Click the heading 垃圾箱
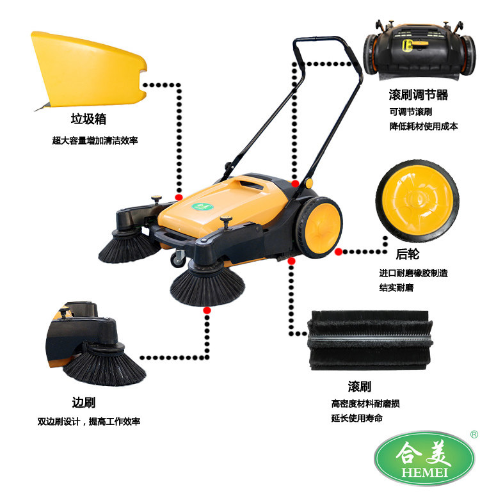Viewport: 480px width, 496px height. (x=88, y=119)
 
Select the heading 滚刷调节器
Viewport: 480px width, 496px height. (x=419, y=95)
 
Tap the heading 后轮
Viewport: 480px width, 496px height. (x=408, y=254)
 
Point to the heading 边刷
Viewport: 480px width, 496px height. (x=84, y=403)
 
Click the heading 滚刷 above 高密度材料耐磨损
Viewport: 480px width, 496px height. (x=360, y=386)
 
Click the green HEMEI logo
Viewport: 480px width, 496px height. (x=424, y=458)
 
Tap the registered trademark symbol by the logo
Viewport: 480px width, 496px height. (x=474, y=435)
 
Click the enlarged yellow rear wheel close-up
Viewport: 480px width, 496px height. (x=418, y=201)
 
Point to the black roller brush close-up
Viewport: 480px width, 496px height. (x=369, y=340)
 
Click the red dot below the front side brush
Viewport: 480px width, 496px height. (x=207, y=310)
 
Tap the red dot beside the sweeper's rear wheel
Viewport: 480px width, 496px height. (x=339, y=252)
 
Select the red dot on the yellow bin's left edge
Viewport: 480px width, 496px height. (x=179, y=197)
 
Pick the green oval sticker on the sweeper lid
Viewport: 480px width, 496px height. (x=202, y=207)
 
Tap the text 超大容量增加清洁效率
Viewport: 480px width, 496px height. (x=95, y=140)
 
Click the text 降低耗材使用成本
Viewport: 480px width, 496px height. (x=424, y=126)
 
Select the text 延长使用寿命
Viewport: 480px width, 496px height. (x=357, y=418)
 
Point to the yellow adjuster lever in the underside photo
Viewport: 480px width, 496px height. (x=414, y=45)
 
